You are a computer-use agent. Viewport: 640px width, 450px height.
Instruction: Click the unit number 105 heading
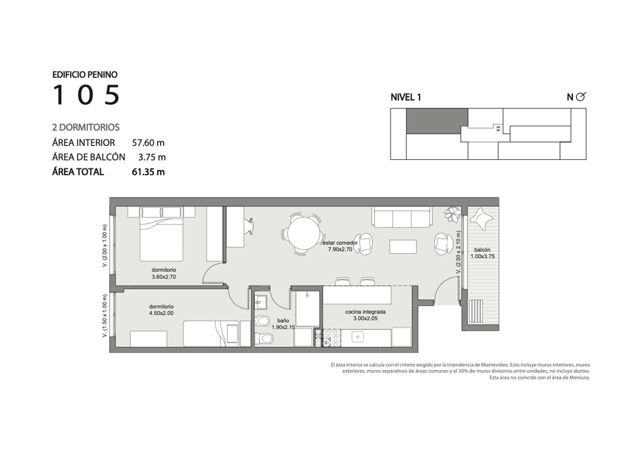pos(86,95)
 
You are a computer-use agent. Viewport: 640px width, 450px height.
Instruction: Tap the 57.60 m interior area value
pos(148,143)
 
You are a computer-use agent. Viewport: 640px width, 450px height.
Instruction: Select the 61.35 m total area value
pos(148,172)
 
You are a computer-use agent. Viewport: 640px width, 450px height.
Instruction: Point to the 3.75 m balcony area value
pos(152,157)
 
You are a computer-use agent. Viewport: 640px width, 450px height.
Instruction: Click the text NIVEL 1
pos(406,97)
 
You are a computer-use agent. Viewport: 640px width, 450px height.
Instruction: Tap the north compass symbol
pos(580,97)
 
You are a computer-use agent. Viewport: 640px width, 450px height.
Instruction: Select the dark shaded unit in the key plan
pos(437,121)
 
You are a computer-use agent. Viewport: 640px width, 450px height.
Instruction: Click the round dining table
pos(303,234)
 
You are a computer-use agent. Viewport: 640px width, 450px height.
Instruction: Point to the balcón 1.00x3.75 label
pos(482,253)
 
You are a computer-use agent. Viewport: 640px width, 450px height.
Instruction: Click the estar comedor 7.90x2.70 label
pos(340,246)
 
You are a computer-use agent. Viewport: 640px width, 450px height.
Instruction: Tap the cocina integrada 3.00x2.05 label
pos(365,315)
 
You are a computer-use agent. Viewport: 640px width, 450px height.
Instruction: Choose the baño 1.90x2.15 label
pos(283,323)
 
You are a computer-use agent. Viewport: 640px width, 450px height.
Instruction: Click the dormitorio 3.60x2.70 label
pos(164,274)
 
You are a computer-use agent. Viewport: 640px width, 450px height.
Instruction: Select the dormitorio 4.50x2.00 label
pos(161,310)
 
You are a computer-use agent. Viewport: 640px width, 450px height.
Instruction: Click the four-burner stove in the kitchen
pos(331,338)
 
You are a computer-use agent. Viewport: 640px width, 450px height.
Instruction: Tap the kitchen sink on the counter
pos(358,337)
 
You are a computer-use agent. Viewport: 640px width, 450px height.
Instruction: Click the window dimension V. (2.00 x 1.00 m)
pos(105,246)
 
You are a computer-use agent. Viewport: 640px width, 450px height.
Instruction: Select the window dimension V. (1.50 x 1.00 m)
pos(105,316)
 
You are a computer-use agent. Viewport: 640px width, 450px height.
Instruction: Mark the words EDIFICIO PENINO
pos(85,75)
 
